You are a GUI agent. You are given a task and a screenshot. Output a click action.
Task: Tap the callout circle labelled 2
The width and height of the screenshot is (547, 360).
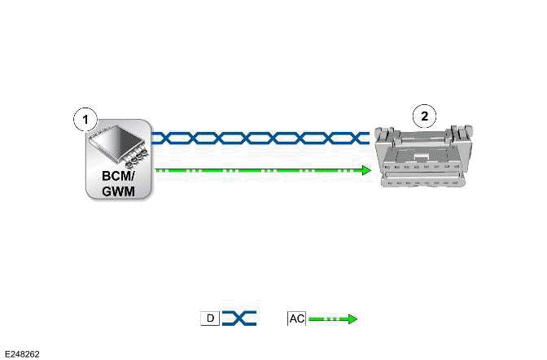pyautogui.click(x=423, y=116)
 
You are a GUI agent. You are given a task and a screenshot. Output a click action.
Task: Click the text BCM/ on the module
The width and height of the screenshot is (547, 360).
pyautogui.click(x=118, y=177)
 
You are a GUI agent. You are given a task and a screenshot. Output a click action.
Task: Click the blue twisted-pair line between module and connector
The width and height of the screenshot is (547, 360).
pyautogui.click(x=260, y=138)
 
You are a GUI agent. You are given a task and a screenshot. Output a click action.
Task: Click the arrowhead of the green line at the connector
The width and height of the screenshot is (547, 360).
pyautogui.click(x=366, y=170)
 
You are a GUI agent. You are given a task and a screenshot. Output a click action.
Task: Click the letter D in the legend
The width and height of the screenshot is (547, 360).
pyautogui.click(x=210, y=318)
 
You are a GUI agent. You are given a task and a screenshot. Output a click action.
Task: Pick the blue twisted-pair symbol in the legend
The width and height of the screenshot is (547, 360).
pyautogui.click(x=239, y=318)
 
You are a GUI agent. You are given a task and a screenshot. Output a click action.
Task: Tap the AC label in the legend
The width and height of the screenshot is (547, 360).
pyautogui.click(x=296, y=318)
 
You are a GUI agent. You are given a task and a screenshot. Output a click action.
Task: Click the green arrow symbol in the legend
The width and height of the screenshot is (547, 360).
pyautogui.click(x=331, y=318)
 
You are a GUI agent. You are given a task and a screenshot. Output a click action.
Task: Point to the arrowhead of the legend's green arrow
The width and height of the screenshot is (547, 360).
pyautogui.click(x=352, y=318)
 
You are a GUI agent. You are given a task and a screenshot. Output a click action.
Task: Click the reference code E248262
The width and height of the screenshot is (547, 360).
pyautogui.click(x=22, y=353)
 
